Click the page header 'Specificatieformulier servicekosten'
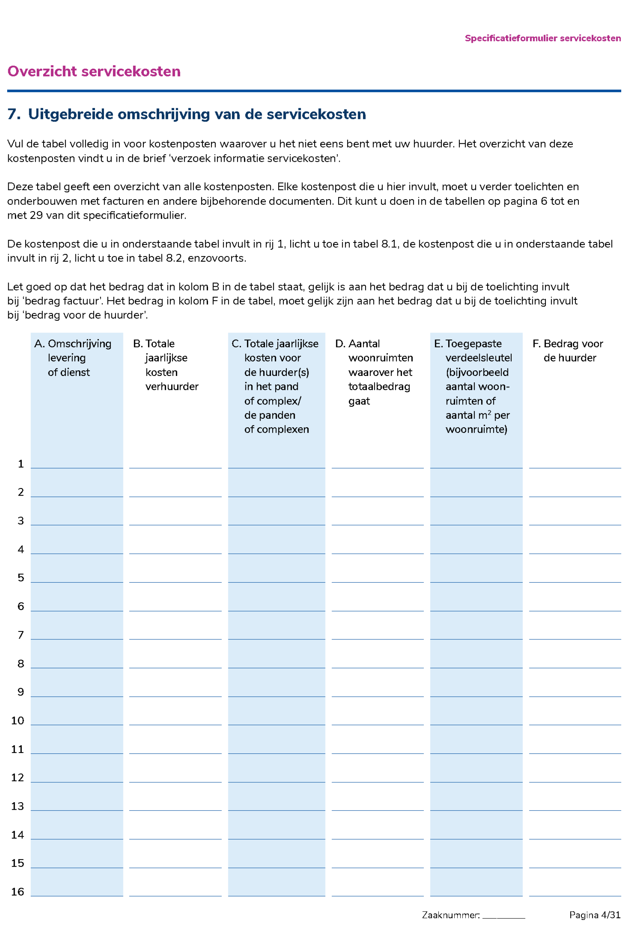point(542,38)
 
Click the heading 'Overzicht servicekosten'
point(94,71)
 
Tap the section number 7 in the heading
point(13,114)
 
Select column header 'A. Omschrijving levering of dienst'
point(73,358)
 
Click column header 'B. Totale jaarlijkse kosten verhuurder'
point(166,365)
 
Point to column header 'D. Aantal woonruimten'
point(374,372)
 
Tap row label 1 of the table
point(21,464)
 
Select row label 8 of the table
point(21,664)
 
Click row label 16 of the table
point(18,892)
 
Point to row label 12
point(18,777)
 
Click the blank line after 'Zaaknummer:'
point(503,915)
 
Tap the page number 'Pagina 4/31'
point(595,915)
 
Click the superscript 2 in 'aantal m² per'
point(489,413)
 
